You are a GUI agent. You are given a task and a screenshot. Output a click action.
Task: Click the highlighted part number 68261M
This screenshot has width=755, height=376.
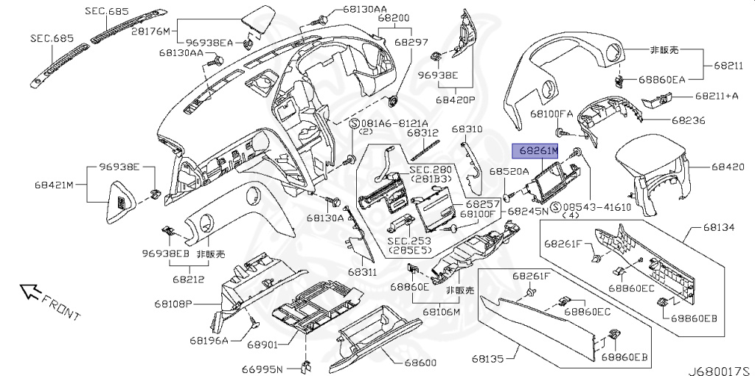537,151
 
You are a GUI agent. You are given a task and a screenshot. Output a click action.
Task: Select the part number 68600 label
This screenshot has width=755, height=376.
422,363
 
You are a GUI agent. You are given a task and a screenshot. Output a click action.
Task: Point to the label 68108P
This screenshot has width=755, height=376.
173,303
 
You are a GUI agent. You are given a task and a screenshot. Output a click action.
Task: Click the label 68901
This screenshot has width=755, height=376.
262,344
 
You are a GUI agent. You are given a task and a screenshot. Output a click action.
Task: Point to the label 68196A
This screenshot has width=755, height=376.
209,340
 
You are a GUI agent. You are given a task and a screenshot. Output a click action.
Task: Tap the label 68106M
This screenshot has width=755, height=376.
442,312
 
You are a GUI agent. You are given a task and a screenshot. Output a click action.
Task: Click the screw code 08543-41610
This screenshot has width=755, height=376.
596,207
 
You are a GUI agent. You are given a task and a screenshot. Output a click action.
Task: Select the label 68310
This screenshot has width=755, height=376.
467,129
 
